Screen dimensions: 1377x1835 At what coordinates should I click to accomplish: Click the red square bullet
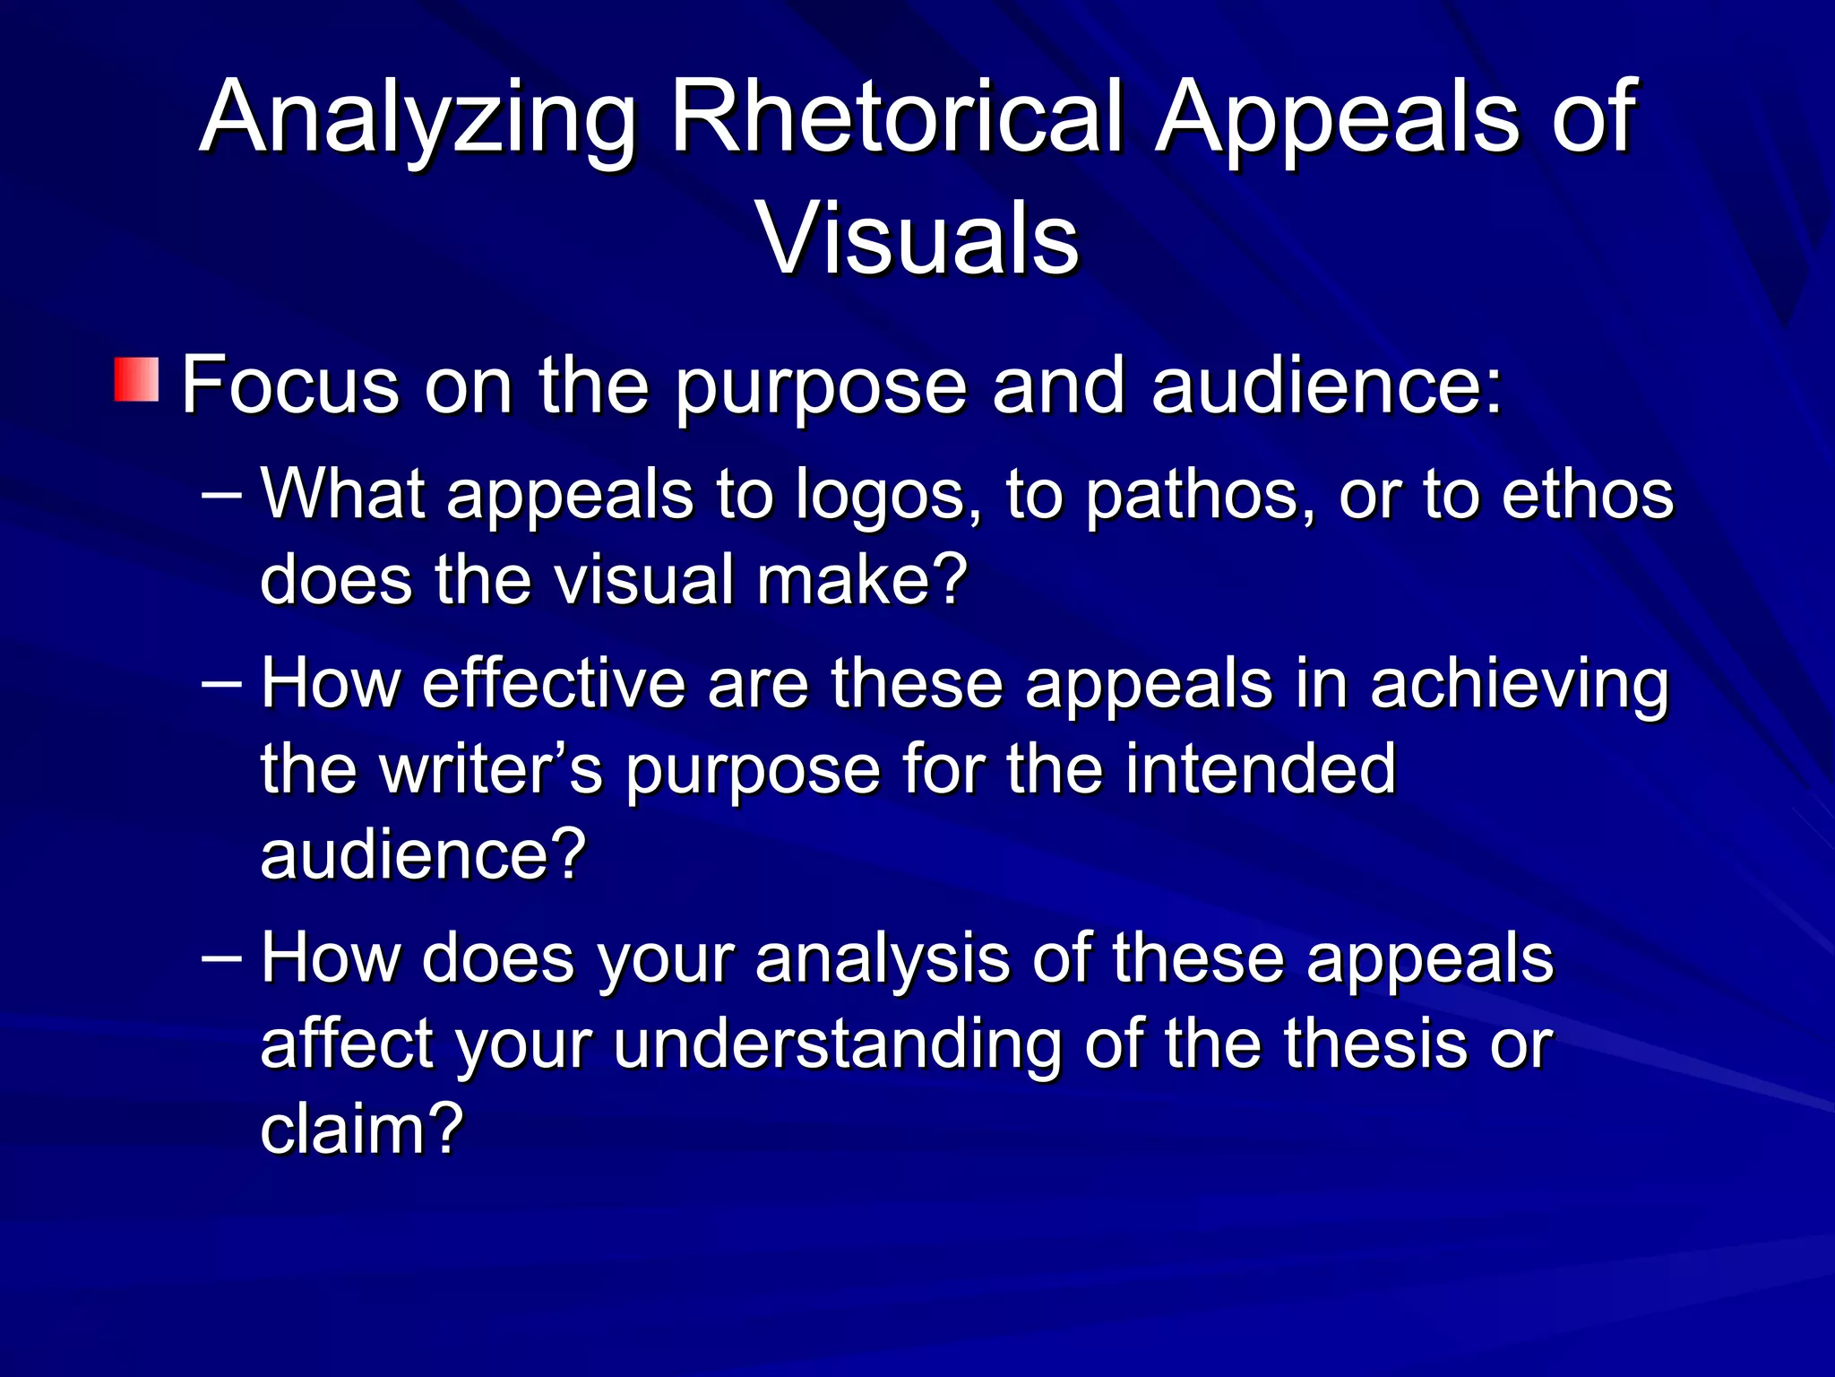(x=136, y=379)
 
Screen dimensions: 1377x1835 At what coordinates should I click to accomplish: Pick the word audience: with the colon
(x=1326, y=385)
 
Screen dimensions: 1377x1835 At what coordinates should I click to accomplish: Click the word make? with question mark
(x=862, y=580)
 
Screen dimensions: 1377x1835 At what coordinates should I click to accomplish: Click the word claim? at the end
(x=362, y=1129)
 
